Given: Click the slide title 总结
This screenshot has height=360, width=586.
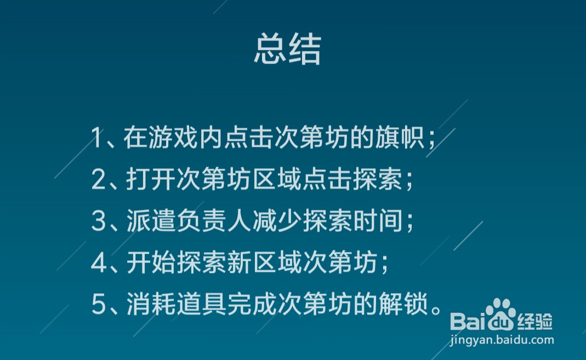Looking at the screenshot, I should [x=287, y=50].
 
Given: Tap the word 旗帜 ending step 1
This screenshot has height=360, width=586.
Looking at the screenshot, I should [x=404, y=138].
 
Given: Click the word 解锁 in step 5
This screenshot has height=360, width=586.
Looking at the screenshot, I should [x=404, y=305].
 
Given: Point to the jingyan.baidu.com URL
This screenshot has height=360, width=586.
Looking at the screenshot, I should [x=502, y=341].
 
